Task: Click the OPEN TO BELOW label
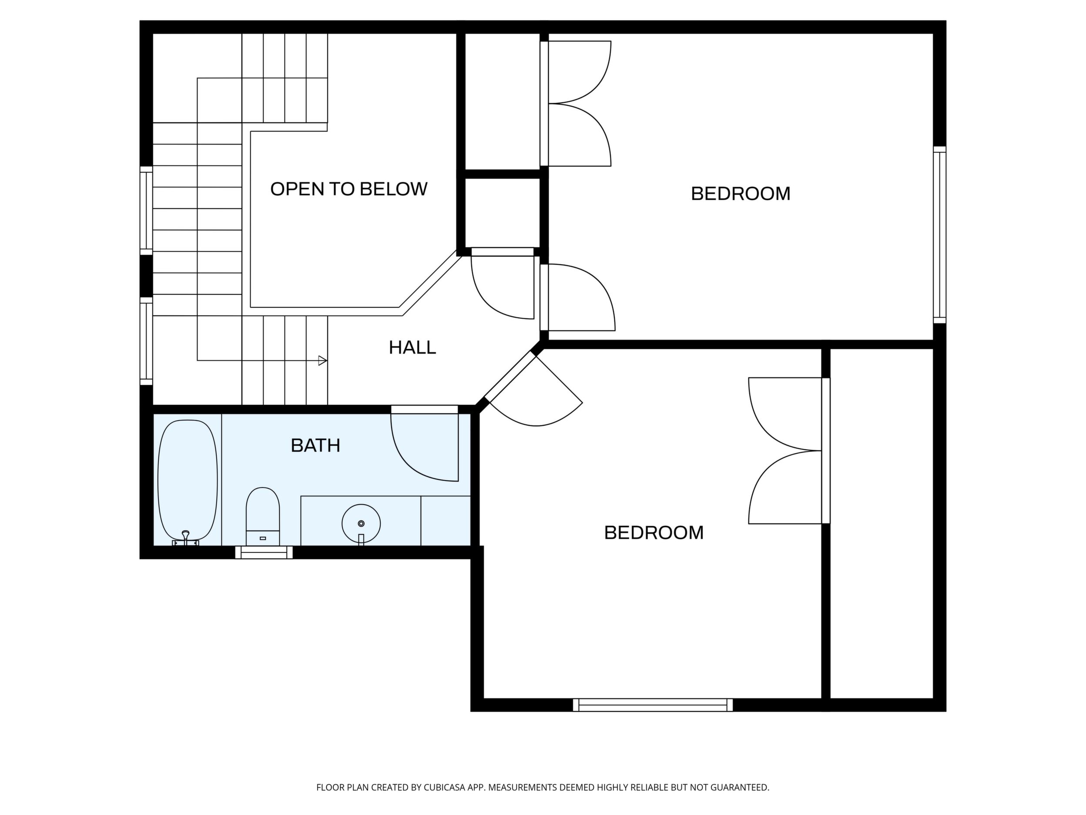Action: [349, 189]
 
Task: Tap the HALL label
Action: [412, 348]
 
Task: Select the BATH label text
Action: [316, 445]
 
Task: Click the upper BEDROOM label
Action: [741, 194]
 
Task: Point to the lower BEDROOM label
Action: [654, 532]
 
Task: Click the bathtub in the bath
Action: [188, 480]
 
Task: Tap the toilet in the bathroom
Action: [263, 516]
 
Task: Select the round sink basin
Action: [361, 523]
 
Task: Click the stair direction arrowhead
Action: [322, 360]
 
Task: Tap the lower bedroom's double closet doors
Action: [785, 451]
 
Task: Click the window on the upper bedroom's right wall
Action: [939, 235]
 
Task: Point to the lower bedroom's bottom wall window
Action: [653, 704]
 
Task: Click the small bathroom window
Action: [264, 552]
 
